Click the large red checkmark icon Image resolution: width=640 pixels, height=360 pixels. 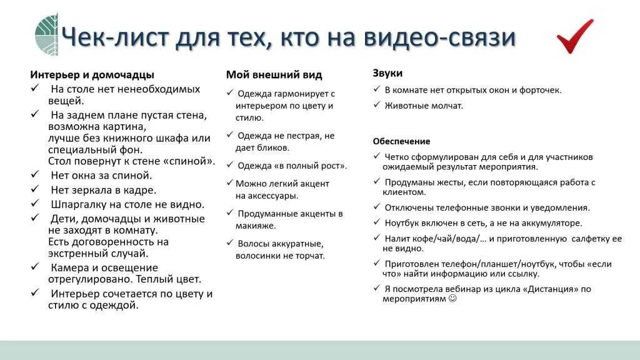(574, 36)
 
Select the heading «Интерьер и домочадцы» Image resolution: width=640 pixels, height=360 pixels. (92, 74)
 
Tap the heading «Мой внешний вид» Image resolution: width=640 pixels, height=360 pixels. (274, 74)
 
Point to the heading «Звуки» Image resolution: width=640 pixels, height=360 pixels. (387, 73)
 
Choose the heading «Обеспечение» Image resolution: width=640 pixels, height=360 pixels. (401, 141)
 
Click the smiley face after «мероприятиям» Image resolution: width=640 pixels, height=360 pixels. (453, 299)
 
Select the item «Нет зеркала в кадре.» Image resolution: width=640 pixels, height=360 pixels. (103, 189)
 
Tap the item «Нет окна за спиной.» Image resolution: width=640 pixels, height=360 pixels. (101, 175)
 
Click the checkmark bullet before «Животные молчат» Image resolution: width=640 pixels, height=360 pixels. (377, 105)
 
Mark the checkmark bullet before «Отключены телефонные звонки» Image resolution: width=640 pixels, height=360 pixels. (377, 207)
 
